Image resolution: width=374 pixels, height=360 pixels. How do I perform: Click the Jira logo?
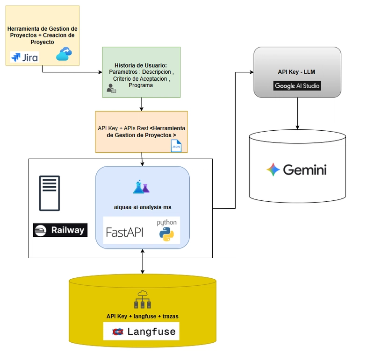tap(24, 57)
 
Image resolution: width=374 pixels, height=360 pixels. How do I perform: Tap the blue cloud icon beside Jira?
tap(64, 55)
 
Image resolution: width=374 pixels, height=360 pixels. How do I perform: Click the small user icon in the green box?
tap(111, 88)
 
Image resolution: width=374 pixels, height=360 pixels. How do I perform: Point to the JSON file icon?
tap(176, 146)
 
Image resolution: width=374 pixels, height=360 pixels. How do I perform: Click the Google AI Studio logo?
tap(297, 86)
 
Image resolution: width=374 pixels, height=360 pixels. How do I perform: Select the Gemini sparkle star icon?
tap(273, 169)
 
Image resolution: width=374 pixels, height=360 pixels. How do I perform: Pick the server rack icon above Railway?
tap(49, 193)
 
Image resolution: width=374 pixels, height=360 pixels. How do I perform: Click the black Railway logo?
tap(60, 230)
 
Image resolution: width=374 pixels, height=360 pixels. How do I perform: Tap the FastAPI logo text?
tap(125, 232)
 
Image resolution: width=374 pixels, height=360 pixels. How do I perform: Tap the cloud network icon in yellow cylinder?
tap(143, 300)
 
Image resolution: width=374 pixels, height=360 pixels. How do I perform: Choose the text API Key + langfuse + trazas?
tap(142, 316)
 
